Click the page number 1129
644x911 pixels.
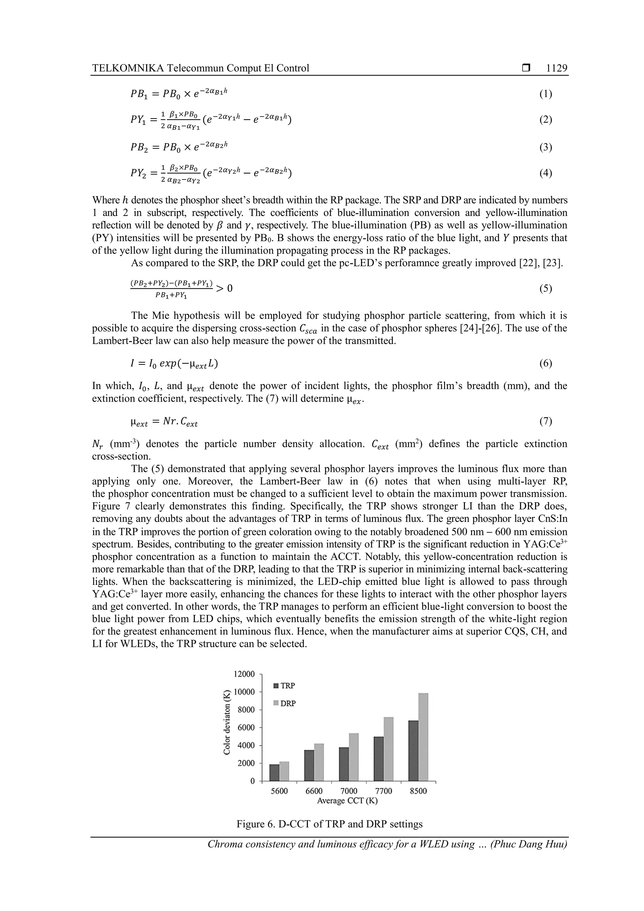[556, 68]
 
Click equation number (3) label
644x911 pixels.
[546, 147]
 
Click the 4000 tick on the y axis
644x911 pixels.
[247, 746]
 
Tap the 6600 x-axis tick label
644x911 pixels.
[314, 791]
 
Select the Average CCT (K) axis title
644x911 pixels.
[347, 801]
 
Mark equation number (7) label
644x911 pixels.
[546, 421]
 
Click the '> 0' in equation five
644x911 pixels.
[225, 288]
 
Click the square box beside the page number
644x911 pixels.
[526, 68]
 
